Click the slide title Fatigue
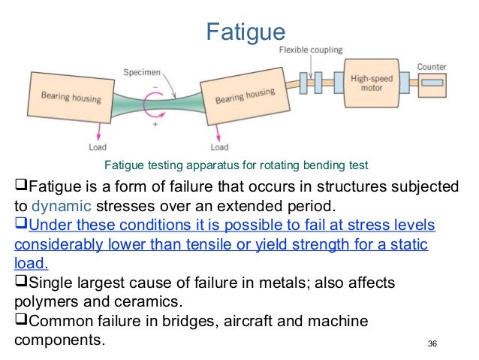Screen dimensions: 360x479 [246, 32]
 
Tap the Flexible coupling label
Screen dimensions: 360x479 [310, 50]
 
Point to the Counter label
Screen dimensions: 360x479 [431, 66]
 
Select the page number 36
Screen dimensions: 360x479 [431, 344]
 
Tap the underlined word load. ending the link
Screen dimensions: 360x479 [30, 264]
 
